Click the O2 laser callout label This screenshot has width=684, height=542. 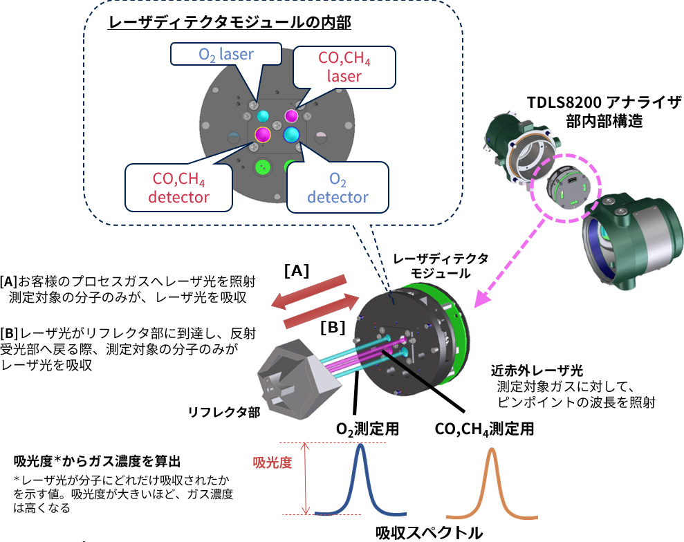pyautogui.click(x=226, y=55)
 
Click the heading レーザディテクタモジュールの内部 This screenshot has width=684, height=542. pyautogui.click(x=230, y=24)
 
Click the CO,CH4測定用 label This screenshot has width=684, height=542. pyautogui.click(x=484, y=429)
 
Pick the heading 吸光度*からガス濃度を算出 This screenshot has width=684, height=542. pyautogui.click(x=98, y=460)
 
